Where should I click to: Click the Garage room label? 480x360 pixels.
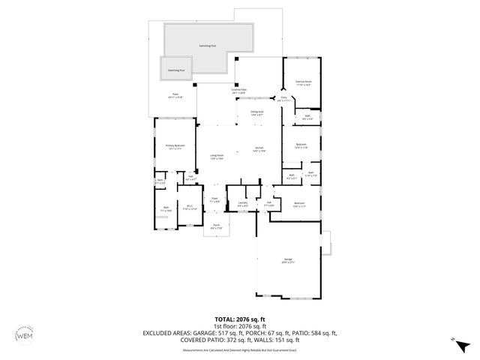point(288,260)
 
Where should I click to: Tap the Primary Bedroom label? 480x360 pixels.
point(175,146)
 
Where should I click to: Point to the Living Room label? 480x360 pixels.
point(217,157)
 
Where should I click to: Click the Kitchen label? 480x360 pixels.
point(259,149)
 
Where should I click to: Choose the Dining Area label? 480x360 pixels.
point(256,112)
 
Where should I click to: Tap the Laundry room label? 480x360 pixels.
point(242,203)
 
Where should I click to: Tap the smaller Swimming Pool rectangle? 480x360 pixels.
point(175,70)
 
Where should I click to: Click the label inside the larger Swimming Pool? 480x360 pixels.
point(208,46)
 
